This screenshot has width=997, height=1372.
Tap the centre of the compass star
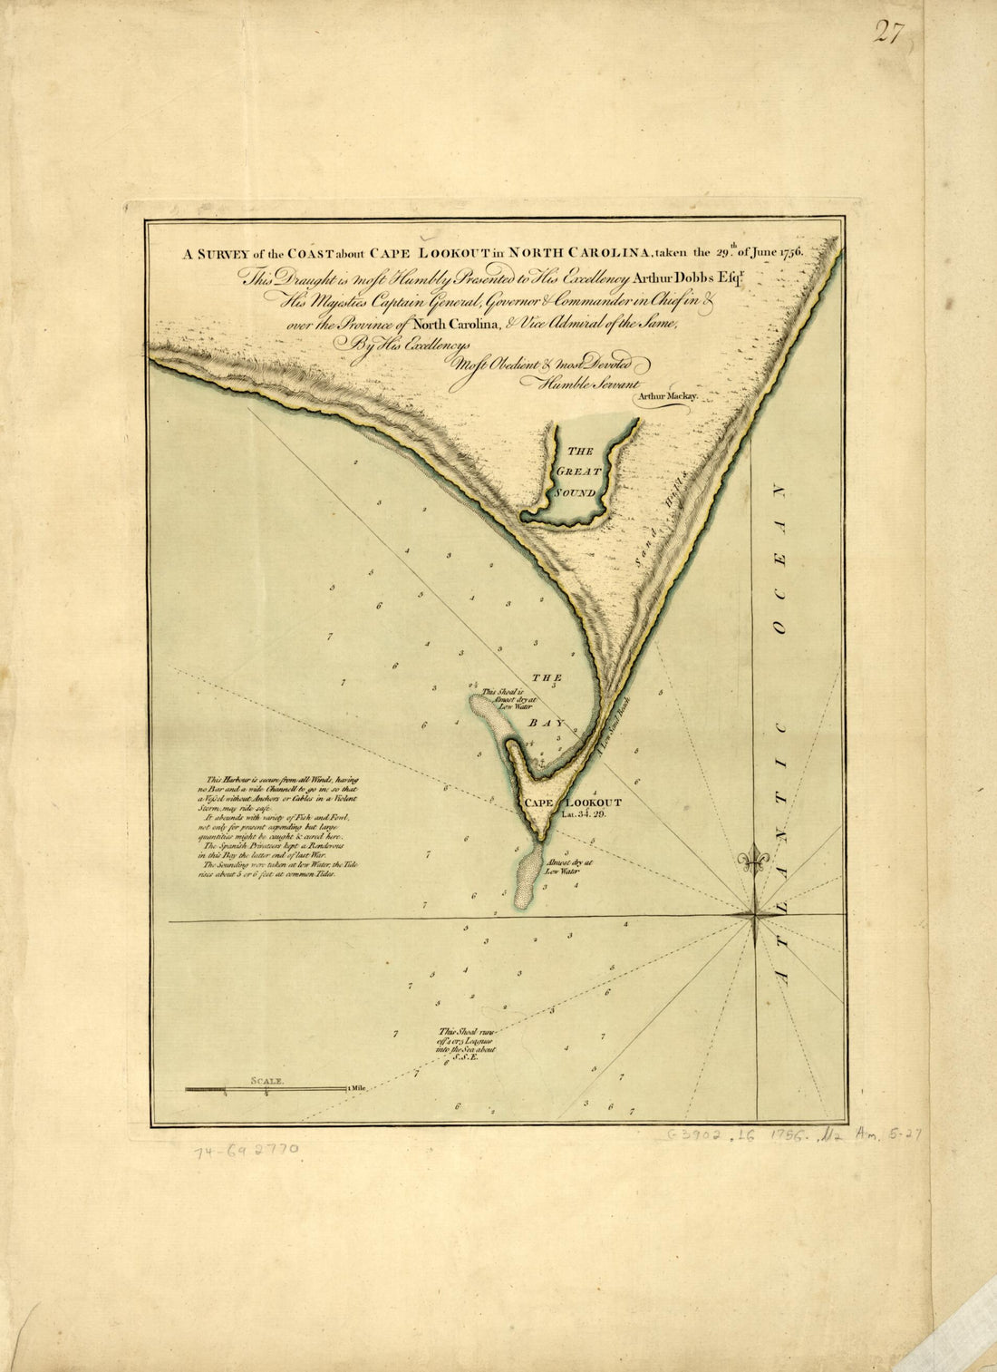755,918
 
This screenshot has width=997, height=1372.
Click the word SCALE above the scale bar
268,1081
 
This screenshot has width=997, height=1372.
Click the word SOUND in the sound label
576,492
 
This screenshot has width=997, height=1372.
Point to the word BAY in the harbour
553,723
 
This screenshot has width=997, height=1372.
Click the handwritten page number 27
889,33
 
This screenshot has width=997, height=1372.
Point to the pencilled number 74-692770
245,1152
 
